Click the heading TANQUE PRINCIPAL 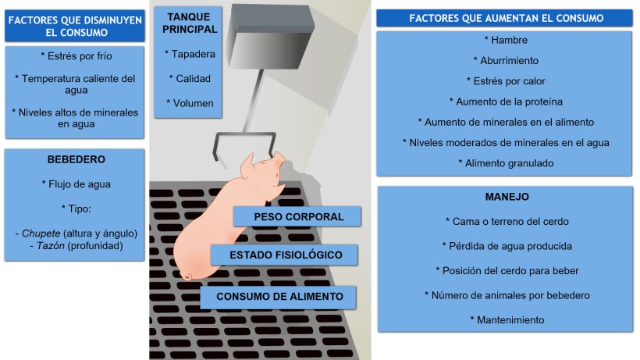[x=190, y=23]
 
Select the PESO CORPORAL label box [x=297, y=216]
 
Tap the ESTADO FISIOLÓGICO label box [x=285, y=255]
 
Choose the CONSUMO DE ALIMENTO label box [x=279, y=296]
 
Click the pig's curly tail [x=186, y=276]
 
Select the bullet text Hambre [x=506, y=40]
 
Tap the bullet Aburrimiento [x=506, y=60]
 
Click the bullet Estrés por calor [x=506, y=80]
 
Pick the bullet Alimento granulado [x=506, y=163]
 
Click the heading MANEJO [x=507, y=197]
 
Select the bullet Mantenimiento [x=507, y=320]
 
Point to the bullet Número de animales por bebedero [x=507, y=295]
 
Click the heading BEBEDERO [x=76, y=159]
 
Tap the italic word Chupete [x=41, y=233]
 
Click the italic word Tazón [x=51, y=246]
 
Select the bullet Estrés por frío [x=76, y=56]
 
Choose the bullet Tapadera [x=190, y=54]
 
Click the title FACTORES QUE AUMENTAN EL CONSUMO [x=506, y=19]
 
